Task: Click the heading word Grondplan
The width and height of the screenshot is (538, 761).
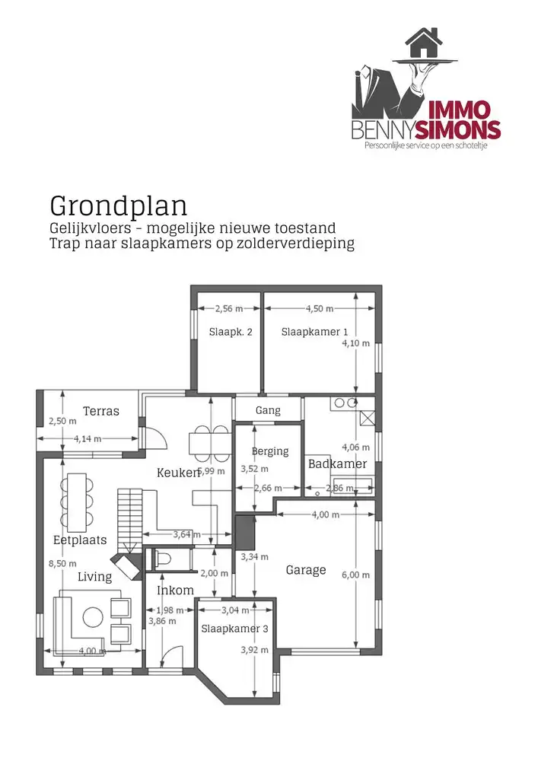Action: (x=119, y=205)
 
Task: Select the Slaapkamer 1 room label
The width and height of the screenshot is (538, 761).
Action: (x=314, y=332)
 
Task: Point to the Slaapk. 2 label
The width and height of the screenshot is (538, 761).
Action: (x=230, y=332)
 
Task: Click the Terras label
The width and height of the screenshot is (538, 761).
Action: (x=101, y=411)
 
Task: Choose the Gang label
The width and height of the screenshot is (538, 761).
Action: (x=268, y=410)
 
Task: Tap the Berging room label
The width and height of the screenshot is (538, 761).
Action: (x=270, y=451)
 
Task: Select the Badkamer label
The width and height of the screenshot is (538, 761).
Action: (x=337, y=463)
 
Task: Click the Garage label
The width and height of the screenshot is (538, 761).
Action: (x=306, y=570)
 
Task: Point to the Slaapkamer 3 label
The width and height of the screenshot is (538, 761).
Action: (x=235, y=629)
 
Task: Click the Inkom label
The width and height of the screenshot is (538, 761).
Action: (x=175, y=591)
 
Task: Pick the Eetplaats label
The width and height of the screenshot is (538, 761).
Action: (x=80, y=540)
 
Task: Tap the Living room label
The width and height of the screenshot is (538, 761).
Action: (x=94, y=577)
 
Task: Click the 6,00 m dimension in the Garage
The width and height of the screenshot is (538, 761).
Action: (x=356, y=575)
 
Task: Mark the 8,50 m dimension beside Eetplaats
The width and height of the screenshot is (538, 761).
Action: (x=57, y=563)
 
